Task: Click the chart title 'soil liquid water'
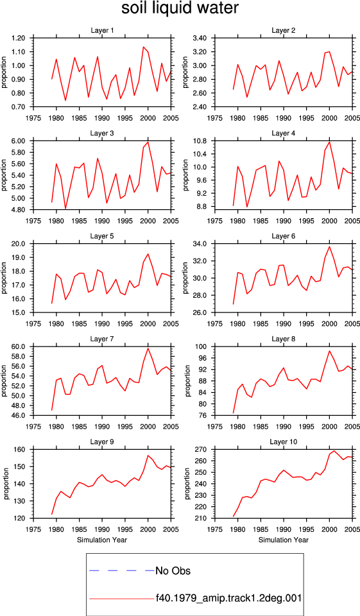[x=180, y=8]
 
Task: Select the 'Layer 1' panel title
[x=102, y=30]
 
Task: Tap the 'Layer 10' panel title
[x=284, y=442]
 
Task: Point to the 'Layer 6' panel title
[x=284, y=236]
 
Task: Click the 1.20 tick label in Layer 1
[x=19, y=38]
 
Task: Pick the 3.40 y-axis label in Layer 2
[x=200, y=38]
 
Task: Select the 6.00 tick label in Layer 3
[x=19, y=141]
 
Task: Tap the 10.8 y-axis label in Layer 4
[x=200, y=141]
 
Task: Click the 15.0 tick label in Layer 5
[x=19, y=312]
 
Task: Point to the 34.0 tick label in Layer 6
[x=200, y=244]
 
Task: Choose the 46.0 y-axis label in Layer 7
[x=19, y=416]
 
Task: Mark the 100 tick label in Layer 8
[x=202, y=347]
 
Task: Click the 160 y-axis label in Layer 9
[x=21, y=449]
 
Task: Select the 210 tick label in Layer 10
[x=202, y=518]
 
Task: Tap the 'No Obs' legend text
[x=173, y=570]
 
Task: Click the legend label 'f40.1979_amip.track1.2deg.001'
[x=228, y=598]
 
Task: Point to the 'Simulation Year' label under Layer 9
[x=102, y=540]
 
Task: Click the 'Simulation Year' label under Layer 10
[x=284, y=540]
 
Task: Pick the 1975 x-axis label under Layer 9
[x=33, y=529]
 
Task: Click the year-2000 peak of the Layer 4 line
[x=329, y=142]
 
